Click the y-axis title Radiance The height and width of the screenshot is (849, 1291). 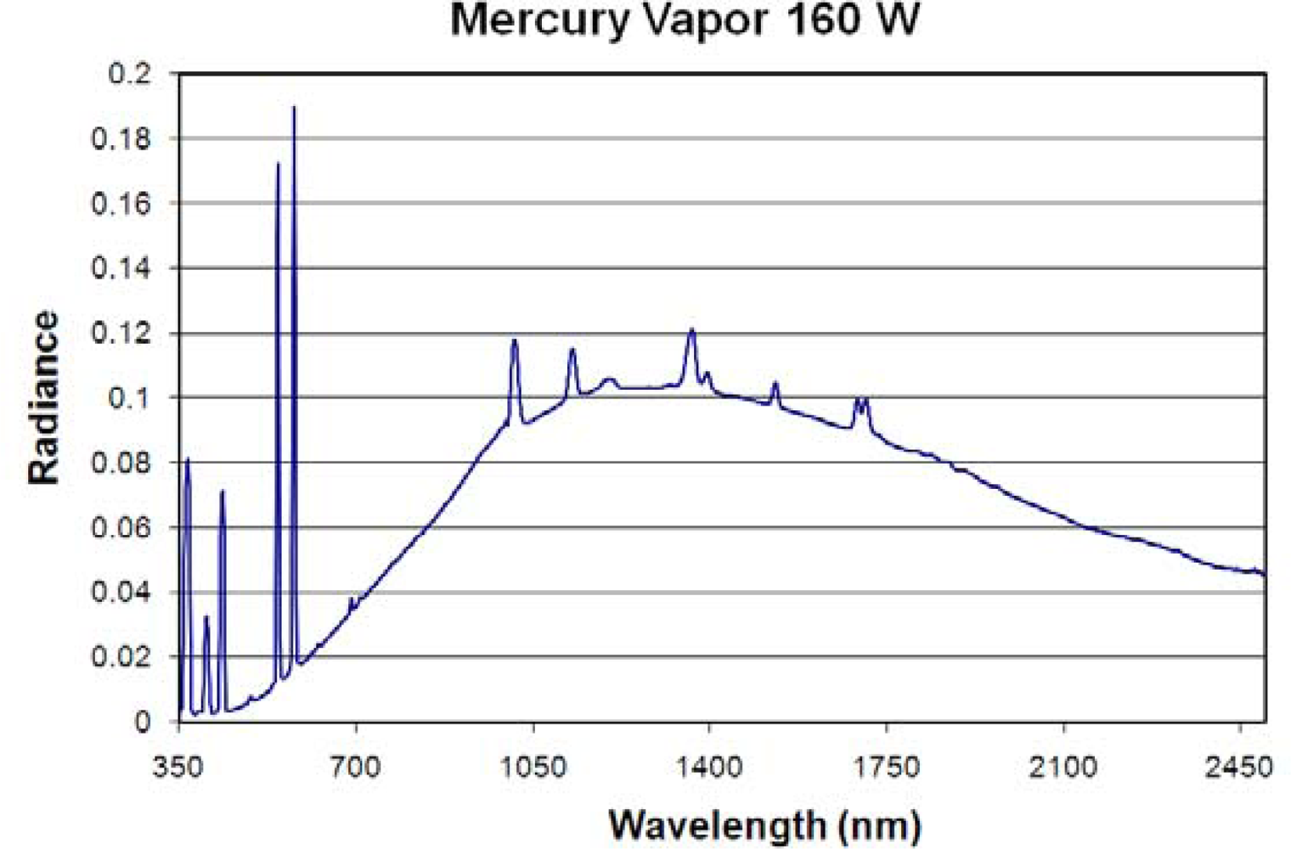pyautogui.click(x=44, y=397)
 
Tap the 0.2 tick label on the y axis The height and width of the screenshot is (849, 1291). pyautogui.click(x=129, y=74)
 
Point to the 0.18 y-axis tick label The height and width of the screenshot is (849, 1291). pyautogui.click(x=121, y=138)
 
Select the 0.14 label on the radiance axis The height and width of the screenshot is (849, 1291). pyautogui.click(x=121, y=268)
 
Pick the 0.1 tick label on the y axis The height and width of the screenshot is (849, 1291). pyautogui.click(x=129, y=397)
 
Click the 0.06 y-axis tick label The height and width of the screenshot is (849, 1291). pyautogui.click(x=121, y=527)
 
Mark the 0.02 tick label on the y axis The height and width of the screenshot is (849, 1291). pyautogui.click(x=121, y=656)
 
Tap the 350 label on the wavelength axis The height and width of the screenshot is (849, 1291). pyautogui.click(x=178, y=767)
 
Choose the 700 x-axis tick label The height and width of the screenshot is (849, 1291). pyautogui.click(x=355, y=767)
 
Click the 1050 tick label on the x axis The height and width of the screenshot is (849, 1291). pyautogui.click(x=533, y=767)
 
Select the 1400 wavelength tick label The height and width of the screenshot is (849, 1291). pyautogui.click(x=709, y=767)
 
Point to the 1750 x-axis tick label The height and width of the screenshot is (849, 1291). pyautogui.click(x=887, y=767)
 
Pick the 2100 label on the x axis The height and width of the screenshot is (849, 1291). pyautogui.click(x=1063, y=767)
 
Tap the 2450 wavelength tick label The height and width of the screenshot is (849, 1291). pyautogui.click(x=1240, y=767)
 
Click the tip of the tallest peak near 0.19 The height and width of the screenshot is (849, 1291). pyautogui.click(x=294, y=107)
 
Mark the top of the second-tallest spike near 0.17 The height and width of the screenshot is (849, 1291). pyautogui.click(x=278, y=163)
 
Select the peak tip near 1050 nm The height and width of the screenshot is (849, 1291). pyautogui.click(x=514, y=340)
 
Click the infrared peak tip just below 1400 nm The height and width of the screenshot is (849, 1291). pyautogui.click(x=691, y=329)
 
